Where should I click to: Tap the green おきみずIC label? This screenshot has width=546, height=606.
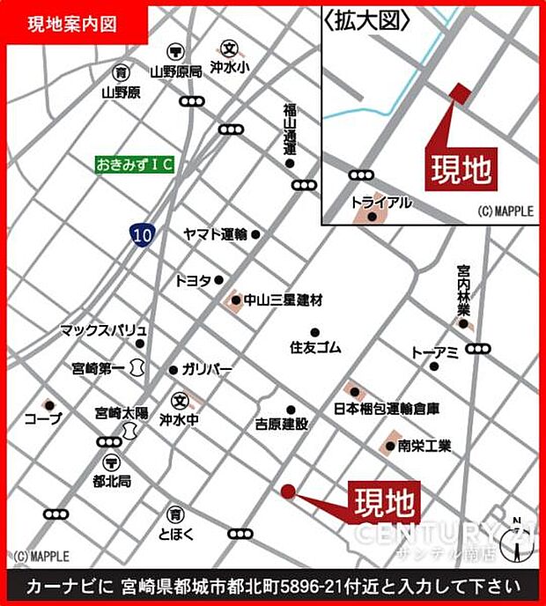tap(136, 165)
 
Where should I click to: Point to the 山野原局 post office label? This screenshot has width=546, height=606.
tap(176, 71)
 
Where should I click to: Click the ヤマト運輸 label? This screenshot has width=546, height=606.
tap(215, 234)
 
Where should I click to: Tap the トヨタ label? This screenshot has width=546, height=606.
tap(193, 280)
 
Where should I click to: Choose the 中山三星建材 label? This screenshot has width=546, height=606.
tap(282, 300)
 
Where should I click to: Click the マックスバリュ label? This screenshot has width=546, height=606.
tap(103, 330)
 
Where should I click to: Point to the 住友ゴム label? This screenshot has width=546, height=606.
tap(315, 347)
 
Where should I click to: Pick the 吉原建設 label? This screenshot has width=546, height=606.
tap(281, 424)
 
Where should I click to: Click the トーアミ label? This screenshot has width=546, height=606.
tap(434, 352)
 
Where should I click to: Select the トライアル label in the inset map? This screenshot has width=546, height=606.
tap(381, 203)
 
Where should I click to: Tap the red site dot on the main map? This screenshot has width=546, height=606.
tap(287, 491)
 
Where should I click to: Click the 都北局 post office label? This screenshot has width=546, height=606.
tap(113, 482)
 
